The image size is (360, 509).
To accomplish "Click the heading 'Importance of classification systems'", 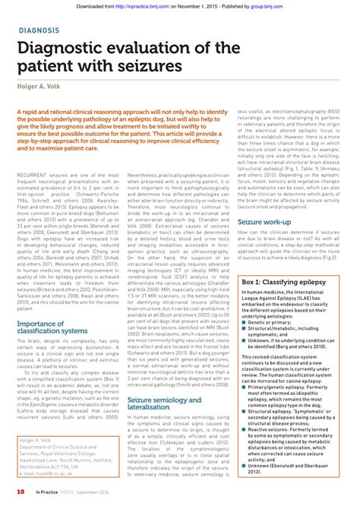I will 52,308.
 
